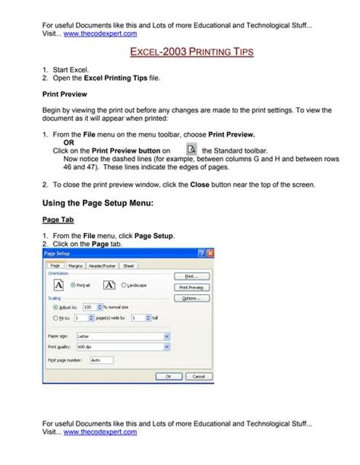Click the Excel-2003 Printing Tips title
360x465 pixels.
[181, 53]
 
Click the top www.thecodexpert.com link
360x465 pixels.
[100, 34]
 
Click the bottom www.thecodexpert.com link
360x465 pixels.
[100, 432]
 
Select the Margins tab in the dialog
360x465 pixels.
[75, 266]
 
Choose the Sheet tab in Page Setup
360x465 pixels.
[128, 266]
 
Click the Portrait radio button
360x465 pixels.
[73, 285]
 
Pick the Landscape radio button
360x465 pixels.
[123, 285]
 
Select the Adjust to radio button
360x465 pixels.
[48, 306]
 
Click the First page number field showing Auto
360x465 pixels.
[101, 359]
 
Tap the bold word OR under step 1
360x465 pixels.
[68, 143]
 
